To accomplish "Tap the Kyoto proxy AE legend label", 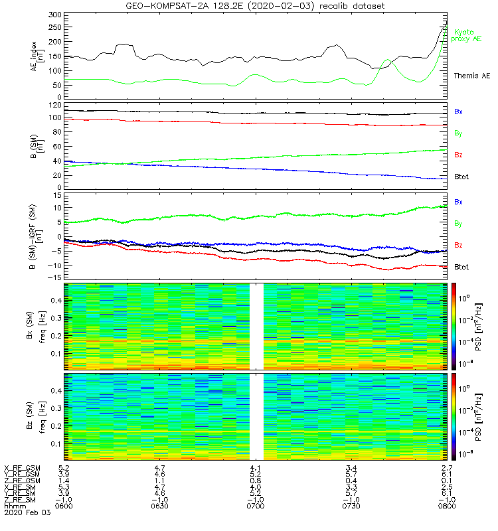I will click(467, 35).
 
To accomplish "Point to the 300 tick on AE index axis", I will click(55, 14).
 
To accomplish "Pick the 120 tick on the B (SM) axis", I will click(55, 106).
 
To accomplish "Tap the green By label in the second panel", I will click(458, 133).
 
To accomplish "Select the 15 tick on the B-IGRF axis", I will click(57, 196).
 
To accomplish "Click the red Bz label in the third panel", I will click(458, 245).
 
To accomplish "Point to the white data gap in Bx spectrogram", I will click(256, 325).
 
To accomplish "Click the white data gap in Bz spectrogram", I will click(256, 416).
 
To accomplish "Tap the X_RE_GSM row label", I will click(23, 469).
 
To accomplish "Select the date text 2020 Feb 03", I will click(23, 513).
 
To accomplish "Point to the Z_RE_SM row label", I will click(21, 500).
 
